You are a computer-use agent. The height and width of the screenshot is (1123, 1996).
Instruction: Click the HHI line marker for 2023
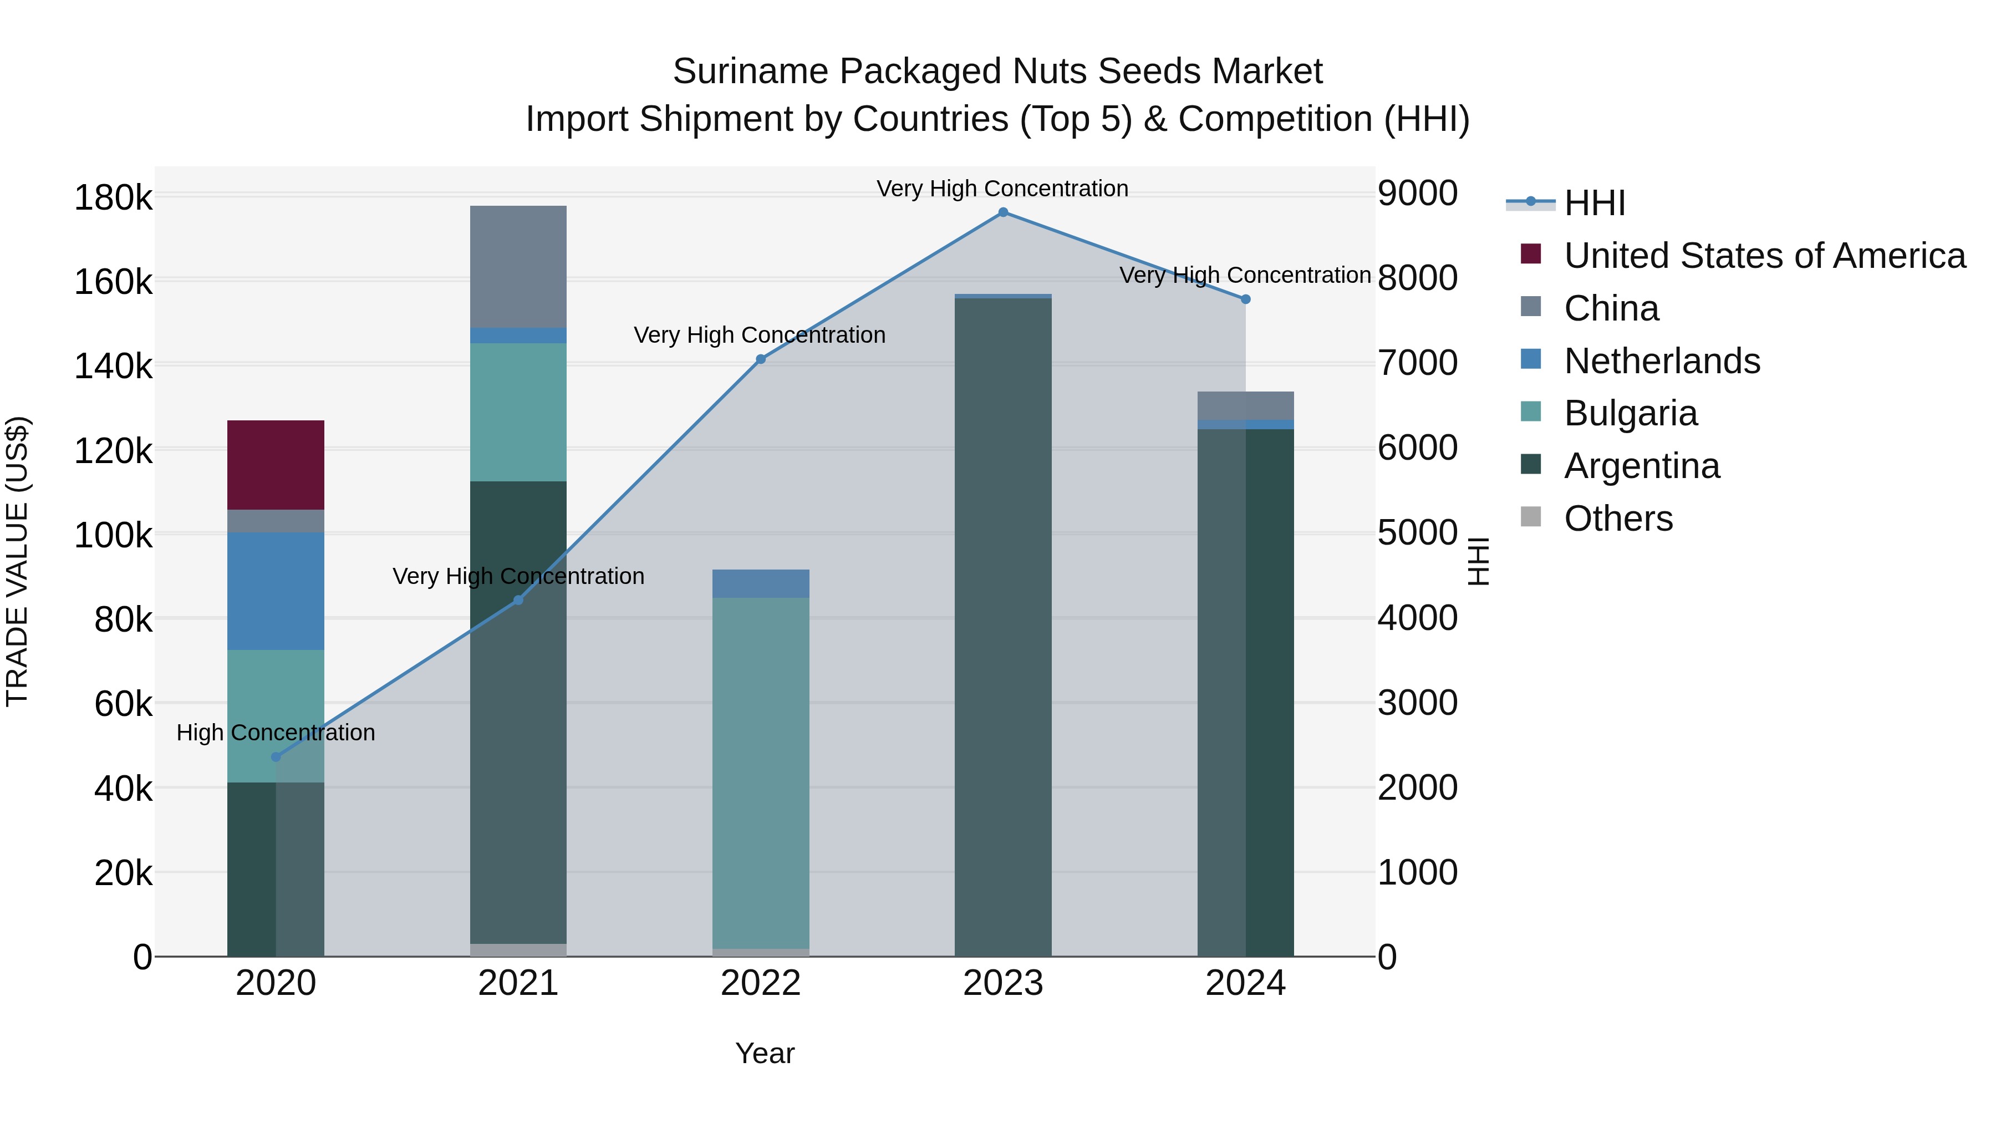1002,212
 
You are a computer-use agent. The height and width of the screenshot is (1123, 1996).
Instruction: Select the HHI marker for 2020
276,757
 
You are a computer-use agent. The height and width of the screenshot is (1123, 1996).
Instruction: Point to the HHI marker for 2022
760,359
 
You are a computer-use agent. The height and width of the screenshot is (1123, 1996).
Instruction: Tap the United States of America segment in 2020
276,465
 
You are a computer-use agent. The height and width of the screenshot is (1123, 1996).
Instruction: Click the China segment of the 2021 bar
518,267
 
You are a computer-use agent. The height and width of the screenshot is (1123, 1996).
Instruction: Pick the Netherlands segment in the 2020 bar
276,591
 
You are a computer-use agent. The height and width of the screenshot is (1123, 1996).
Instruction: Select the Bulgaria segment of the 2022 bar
760,773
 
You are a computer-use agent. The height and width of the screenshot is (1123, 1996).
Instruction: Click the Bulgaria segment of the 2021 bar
518,411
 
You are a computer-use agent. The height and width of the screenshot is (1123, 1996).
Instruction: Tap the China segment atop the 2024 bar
1245,405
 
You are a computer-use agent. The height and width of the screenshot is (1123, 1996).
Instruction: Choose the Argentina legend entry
1641,466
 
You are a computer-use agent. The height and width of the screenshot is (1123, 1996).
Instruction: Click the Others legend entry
1618,519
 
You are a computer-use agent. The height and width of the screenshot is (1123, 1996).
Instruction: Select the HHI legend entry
1594,203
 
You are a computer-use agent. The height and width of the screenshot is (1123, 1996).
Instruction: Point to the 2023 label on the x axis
1002,983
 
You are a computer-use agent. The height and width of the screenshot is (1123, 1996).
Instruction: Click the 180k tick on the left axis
113,197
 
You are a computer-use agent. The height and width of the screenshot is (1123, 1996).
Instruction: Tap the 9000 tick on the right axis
1417,193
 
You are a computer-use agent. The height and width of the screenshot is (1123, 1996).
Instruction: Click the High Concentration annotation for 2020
276,733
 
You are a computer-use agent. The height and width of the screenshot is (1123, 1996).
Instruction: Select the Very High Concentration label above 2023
1002,189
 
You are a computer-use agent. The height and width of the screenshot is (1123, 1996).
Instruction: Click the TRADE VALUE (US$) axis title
17,561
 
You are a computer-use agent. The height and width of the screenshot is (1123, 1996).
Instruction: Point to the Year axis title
765,1053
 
